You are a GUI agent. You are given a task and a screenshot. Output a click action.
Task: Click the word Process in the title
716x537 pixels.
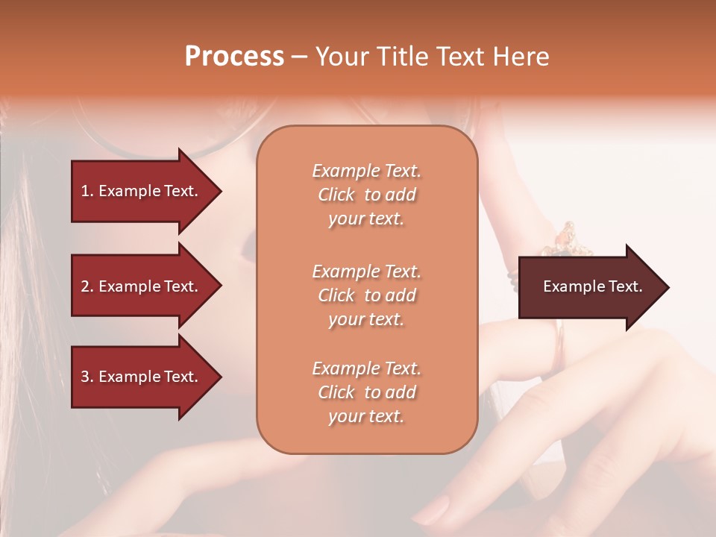(x=234, y=57)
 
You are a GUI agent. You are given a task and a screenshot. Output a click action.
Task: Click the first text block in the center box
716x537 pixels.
(x=366, y=195)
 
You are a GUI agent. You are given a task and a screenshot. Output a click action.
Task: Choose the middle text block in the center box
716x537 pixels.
(x=366, y=295)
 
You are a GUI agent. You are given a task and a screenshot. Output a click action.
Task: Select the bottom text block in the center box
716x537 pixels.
(x=366, y=392)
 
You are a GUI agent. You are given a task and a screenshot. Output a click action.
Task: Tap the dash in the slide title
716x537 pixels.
(x=299, y=57)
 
